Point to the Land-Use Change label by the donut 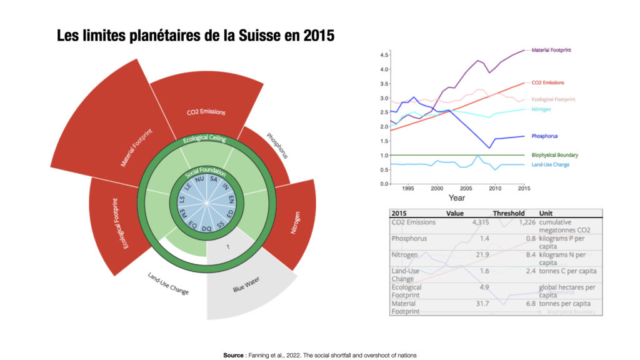pos(168,283)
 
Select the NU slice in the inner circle pos(200,179)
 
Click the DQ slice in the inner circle pos(206,229)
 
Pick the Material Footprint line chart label pos(552,50)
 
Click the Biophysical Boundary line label pos(554,155)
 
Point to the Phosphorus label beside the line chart pos(545,136)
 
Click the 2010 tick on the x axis pos(494,187)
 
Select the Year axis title pos(457,197)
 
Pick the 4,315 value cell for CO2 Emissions pos(471,222)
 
